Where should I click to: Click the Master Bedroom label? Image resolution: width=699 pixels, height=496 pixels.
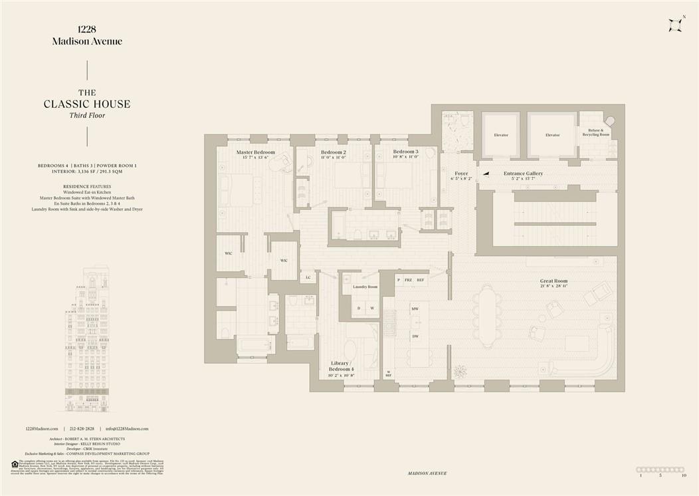[x=256, y=152]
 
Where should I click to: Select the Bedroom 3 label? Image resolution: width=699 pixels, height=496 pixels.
[x=405, y=152]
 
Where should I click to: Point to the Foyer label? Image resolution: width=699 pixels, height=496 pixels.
[x=461, y=174]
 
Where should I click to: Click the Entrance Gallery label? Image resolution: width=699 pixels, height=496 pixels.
[x=523, y=174]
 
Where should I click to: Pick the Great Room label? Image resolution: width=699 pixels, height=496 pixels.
[x=553, y=281]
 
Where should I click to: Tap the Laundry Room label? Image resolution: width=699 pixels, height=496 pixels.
[x=365, y=287]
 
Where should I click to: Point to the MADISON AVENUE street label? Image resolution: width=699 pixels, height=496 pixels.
[x=428, y=473]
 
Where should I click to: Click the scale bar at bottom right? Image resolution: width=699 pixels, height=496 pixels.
[x=660, y=469]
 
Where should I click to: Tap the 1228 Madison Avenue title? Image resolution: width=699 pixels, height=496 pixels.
[x=87, y=35]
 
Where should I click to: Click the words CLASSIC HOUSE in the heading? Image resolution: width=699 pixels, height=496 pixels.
[x=87, y=104]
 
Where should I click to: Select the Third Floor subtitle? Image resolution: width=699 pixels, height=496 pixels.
[x=87, y=116]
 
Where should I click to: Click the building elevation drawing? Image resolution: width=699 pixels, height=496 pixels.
[x=87, y=342]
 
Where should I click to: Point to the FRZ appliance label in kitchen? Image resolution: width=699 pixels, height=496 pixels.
[x=409, y=280]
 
